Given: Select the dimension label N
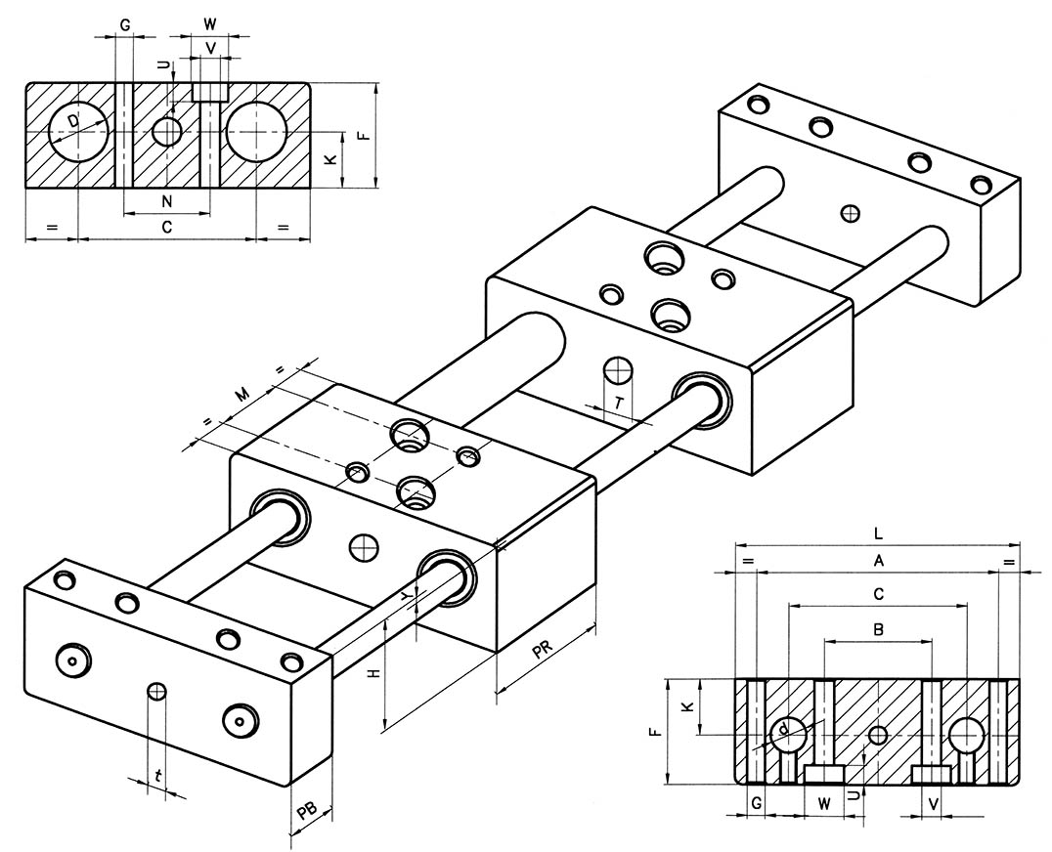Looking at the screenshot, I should pos(167,201).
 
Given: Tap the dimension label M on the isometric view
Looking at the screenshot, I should pos(240,396).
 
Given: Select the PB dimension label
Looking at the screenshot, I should pos(306,809).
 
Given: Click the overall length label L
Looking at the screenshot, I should pos(879,534).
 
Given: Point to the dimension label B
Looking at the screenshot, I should pos(879,630).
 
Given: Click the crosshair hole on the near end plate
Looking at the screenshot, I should pos(155,692).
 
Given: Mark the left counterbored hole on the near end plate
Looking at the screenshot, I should pos(73,660).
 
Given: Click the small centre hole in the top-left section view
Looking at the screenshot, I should pos(168,131).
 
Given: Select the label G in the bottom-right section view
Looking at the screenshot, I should pos(755,803).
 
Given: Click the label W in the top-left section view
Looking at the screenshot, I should pos(210,22).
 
